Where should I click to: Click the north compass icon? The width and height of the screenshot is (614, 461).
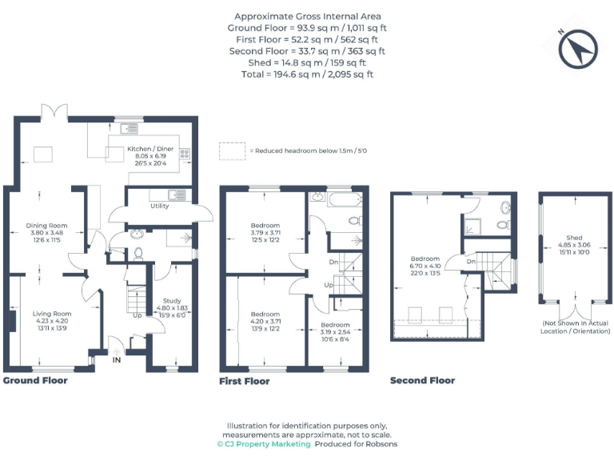coord(573,51)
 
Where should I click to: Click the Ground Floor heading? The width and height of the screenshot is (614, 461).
coord(35,380)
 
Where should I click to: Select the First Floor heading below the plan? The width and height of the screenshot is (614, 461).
coord(244,382)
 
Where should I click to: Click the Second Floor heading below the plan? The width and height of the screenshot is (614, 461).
coord(422,380)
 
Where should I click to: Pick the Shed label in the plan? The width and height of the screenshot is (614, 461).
coord(574,244)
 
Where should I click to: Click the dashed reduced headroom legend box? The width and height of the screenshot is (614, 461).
coord(232,150)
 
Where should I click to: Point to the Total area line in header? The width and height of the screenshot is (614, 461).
coord(307,74)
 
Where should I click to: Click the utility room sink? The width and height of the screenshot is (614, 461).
coord(177,194)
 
